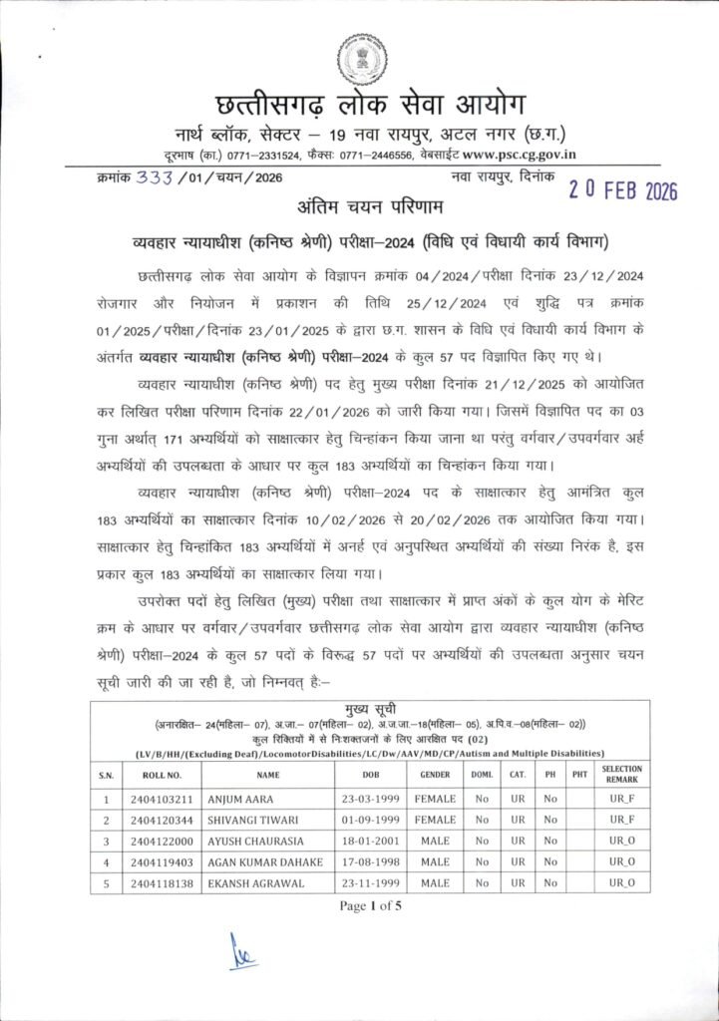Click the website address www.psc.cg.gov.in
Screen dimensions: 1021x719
click(x=525, y=155)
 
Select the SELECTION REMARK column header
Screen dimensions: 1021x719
click(x=622, y=774)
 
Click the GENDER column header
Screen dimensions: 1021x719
click(x=436, y=774)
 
